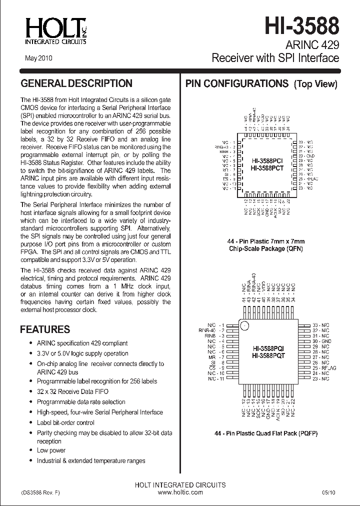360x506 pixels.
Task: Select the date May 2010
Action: tap(38, 58)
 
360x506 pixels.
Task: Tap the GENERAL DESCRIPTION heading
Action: tap(76, 83)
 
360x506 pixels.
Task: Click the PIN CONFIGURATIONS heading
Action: tap(237, 83)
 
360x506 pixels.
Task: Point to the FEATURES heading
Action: tap(44, 329)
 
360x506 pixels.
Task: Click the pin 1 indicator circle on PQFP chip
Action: tap(244, 326)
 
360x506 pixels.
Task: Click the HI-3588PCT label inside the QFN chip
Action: tap(267, 168)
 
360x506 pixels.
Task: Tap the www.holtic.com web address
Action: tap(180, 492)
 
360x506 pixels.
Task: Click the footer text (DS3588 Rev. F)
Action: tap(40, 492)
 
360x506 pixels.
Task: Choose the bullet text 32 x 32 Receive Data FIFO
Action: tap(72, 391)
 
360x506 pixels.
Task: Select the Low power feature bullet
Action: tap(51, 450)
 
